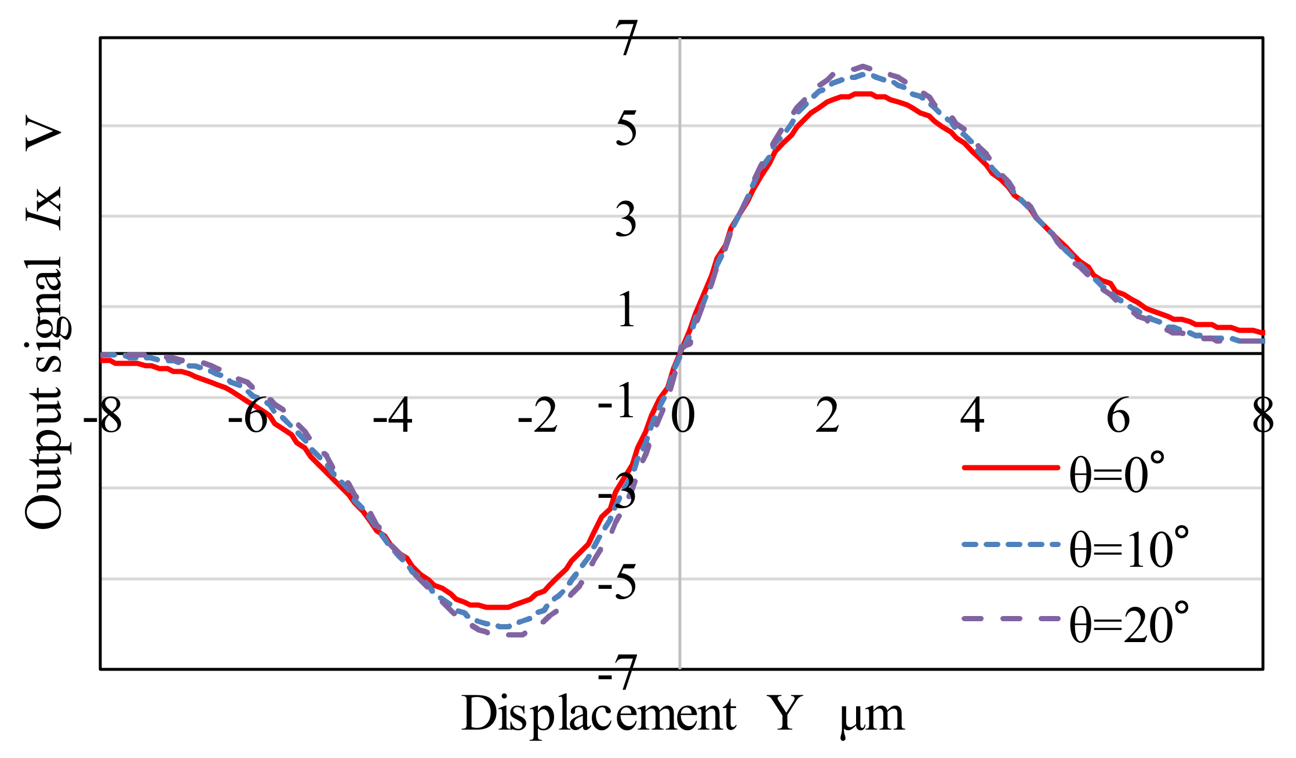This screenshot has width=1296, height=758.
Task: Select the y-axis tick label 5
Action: pyautogui.click(x=626, y=129)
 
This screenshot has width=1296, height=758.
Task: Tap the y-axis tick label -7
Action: pyautogui.click(x=618, y=673)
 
